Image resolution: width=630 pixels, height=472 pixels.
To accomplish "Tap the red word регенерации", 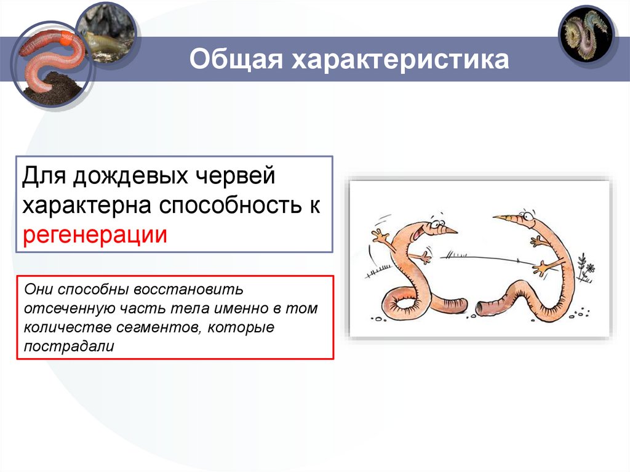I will click(x=95, y=234).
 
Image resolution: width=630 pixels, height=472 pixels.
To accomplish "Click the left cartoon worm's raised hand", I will click(x=380, y=236).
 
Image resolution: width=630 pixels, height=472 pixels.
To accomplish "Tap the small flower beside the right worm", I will click(x=589, y=269).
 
